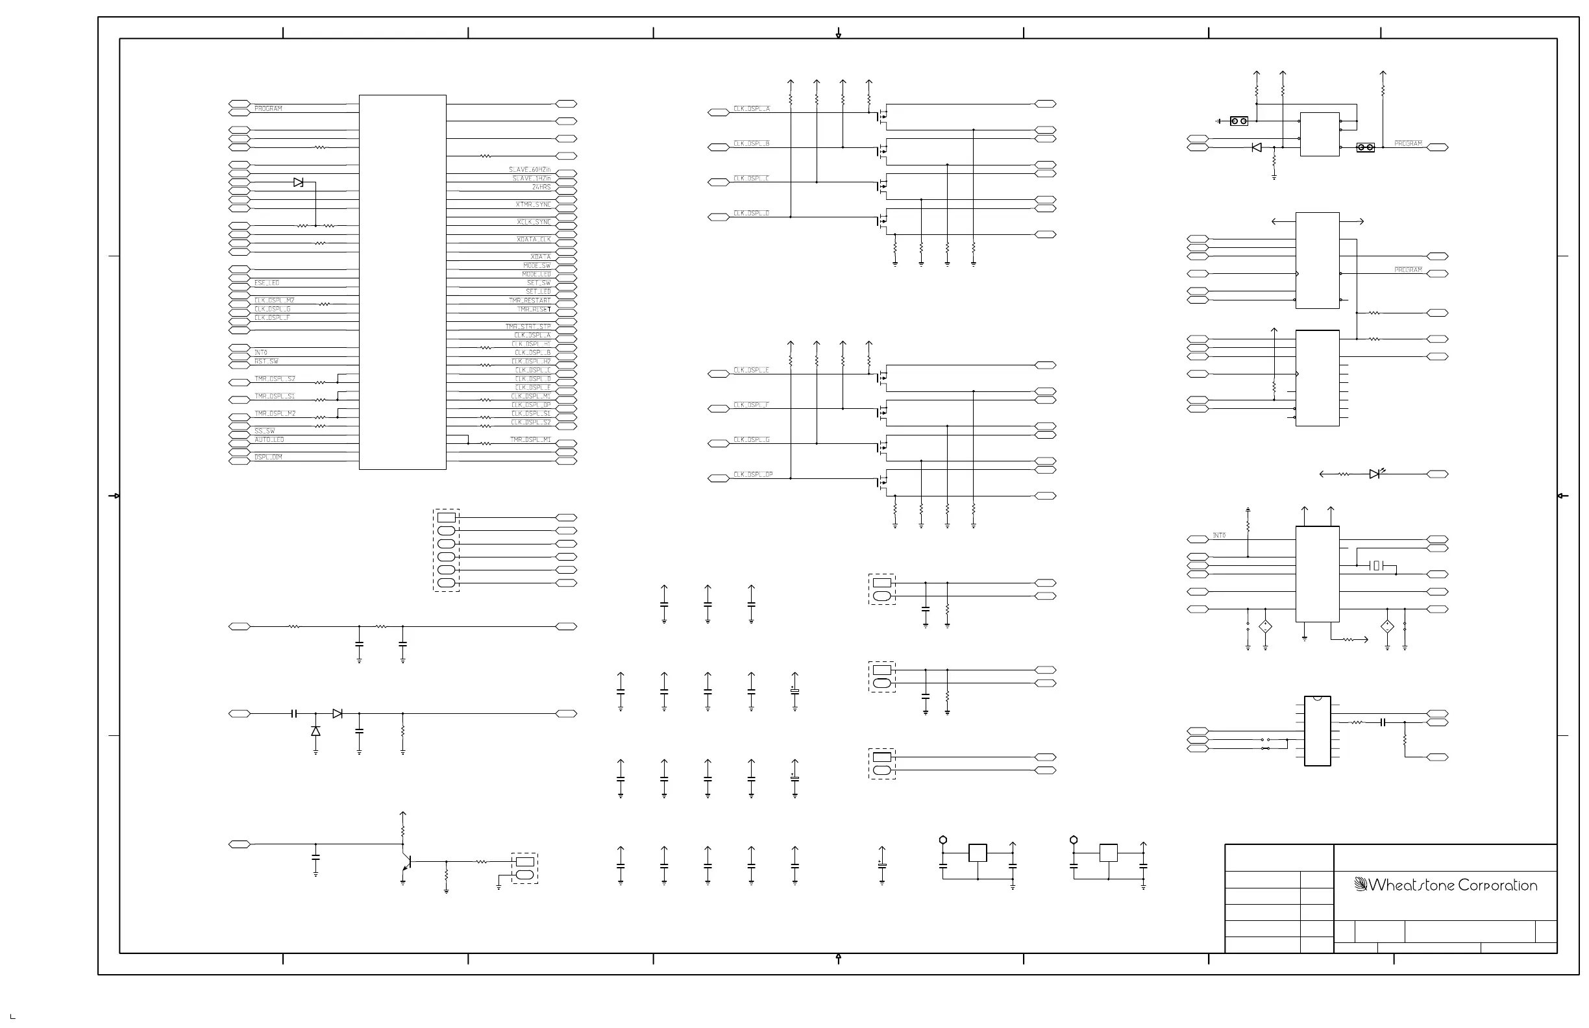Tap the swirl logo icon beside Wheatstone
[1361, 885]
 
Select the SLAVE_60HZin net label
[530, 170]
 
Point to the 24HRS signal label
[541, 188]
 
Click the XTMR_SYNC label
[533, 205]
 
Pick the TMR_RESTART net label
[530, 301]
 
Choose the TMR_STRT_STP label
[528, 327]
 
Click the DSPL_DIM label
[268, 458]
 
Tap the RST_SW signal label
[266, 361]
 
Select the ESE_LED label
[267, 283]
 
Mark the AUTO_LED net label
[269, 440]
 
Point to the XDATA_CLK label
[534, 239]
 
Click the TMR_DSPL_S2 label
[275, 379]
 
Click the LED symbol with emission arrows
[1374, 474]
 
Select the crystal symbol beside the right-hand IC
[1376, 566]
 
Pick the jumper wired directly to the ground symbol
[1238, 121]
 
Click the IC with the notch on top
[1316, 731]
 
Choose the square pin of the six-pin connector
[446, 518]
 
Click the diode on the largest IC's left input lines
[299, 182]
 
